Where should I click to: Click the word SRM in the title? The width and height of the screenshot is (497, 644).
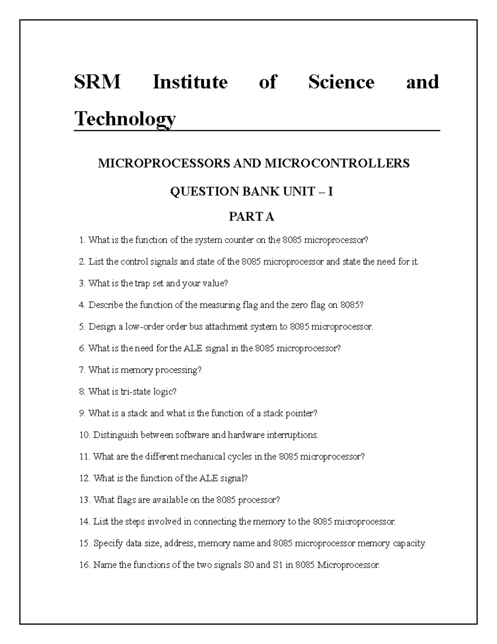tap(97, 82)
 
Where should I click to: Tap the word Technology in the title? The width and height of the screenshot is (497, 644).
tap(125, 119)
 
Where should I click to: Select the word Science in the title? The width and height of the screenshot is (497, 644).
tap(341, 82)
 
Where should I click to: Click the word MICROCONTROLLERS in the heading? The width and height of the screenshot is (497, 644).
tap(337, 163)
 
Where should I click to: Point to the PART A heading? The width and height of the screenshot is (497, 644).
tap(251, 216)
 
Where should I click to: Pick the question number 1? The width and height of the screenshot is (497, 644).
tap(82, 240)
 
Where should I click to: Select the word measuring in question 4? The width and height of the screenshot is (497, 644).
tap(220, 305)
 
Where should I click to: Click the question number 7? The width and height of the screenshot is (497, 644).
tap(82, 370)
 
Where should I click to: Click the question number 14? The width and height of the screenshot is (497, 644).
tap(84, 522)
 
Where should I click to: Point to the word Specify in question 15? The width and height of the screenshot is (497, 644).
tap(108, 543)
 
